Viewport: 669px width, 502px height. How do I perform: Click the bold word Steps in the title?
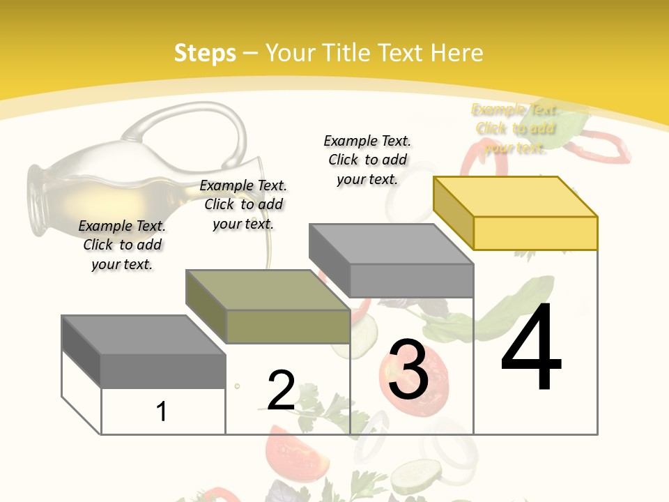[x=205, y=53]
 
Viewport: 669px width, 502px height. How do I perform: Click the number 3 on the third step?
[x=408, y=370]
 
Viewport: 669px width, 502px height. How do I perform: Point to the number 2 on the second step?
[x=281, y=390]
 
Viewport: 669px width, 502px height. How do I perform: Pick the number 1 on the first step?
[x=162, y=411]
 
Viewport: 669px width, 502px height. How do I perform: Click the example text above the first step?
[x=122, y=245]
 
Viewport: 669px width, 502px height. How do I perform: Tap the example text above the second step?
[x=243, y=204]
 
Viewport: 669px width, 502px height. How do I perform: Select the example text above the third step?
[x=367, y=160]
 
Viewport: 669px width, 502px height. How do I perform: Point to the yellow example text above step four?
[x=515, y=128]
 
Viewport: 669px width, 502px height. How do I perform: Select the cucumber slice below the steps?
[x=416, y=477]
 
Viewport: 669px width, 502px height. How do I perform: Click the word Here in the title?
[x=457, y=53]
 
